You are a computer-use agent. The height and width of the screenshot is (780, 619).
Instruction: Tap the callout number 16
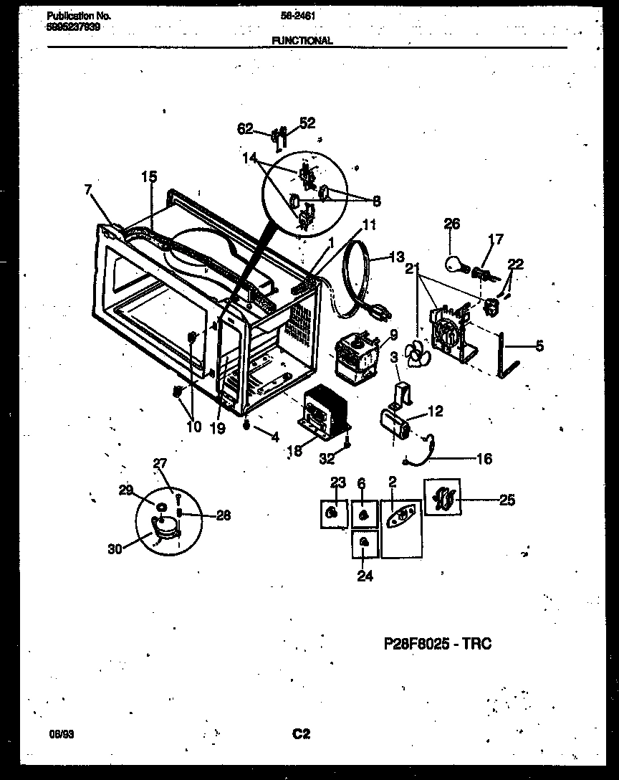[484, 459]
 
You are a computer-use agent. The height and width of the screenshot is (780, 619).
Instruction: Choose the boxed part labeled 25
[441, 497]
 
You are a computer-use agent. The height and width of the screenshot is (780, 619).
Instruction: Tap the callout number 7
[88, 189]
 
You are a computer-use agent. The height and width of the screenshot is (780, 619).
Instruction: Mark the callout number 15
[148, 176]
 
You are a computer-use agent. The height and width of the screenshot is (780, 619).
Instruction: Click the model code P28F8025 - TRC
[438, 644]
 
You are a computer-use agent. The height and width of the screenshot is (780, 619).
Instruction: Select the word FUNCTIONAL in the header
[302, 41]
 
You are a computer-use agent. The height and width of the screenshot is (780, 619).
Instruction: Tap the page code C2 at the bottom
[301, 733]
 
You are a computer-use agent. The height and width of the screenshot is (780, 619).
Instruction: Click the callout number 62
[245, 129]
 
